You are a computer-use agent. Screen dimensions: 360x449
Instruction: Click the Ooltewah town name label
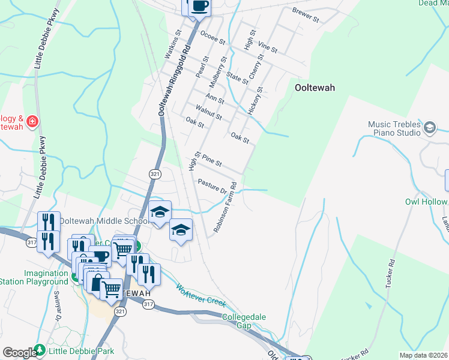(315, 87)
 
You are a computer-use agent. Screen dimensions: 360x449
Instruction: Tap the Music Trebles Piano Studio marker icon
(430, 127)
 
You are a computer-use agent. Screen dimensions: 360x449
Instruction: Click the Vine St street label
(267, 46)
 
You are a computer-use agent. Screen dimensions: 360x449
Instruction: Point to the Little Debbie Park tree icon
(40, 349)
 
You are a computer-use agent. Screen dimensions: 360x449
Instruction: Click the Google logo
(19, 353)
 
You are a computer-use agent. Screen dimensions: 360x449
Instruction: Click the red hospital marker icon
(32, 121)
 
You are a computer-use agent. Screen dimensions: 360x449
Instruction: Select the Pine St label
(212, 160)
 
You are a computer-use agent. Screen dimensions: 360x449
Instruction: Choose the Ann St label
(215, 96)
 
